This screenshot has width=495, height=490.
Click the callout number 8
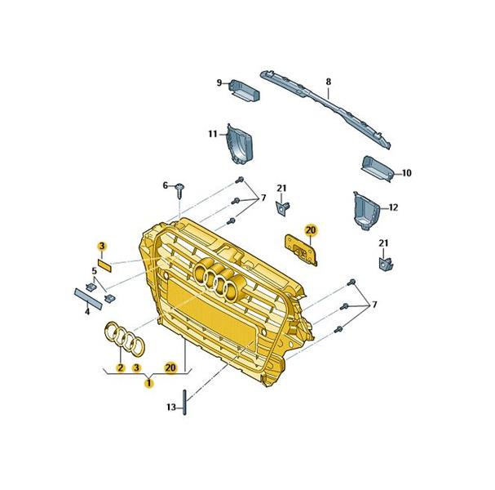329,82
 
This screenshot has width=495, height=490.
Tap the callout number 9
219,83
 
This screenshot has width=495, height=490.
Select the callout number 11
213,134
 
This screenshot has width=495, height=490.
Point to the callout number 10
407,173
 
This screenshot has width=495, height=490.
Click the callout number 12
393,207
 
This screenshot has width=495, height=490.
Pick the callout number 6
166,185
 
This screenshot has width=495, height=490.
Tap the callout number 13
171,408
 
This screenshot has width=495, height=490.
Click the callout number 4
87,312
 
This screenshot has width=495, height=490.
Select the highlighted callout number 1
148,383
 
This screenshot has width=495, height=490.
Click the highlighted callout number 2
120,367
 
